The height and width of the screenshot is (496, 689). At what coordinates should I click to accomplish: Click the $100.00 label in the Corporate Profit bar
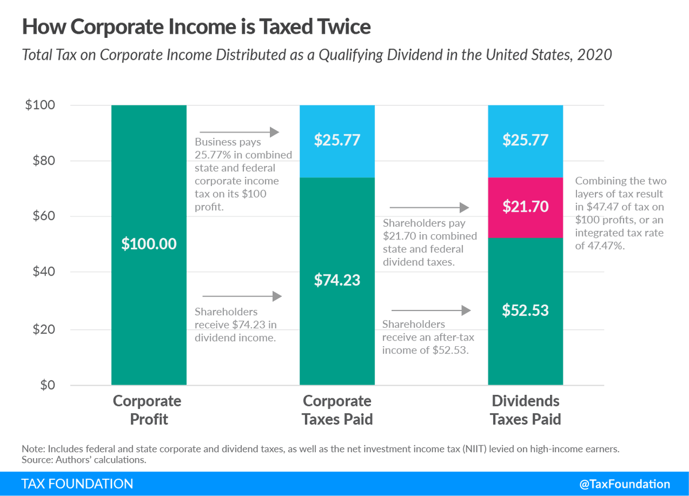click(x=149, y=244)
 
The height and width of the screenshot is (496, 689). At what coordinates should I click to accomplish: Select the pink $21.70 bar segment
click(x=525, y=207)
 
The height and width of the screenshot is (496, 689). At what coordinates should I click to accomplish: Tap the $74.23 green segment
click(x=337, y=281)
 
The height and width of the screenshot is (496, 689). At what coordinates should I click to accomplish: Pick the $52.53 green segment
click(x=525, y=311)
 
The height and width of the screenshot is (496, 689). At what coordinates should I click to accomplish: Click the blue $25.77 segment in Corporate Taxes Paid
click(x=337, y=141)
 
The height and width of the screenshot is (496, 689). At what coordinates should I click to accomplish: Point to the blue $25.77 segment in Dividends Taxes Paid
click(x=525, y=141)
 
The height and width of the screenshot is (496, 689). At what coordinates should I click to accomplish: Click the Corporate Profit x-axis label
click(x=148, y=410)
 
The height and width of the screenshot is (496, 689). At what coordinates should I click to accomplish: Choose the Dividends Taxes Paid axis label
click(x=525, y=410)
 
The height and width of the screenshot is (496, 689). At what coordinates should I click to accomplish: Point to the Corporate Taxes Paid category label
click(x=337, y=410)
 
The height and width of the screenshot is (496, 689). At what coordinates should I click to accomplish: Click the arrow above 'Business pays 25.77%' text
click(x=239, y=133)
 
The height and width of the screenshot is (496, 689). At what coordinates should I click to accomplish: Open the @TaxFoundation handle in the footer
click(x=625, y=484)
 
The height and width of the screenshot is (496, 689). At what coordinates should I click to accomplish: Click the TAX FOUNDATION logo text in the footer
click(x=77, y=484)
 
